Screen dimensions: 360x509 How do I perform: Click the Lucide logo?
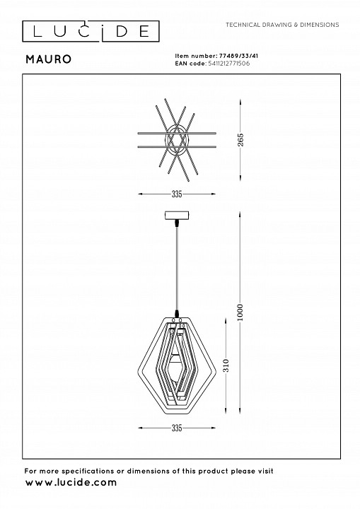(91, 32)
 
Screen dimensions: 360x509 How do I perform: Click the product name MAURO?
(49, 59)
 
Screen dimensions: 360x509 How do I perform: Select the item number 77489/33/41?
(239, 56)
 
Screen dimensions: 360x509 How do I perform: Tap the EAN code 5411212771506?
(228, 64)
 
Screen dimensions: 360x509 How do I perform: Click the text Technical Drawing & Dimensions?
(282, 25)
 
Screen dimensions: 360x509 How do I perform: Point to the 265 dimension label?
(240, 140)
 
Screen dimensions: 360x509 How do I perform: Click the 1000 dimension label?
(240, 312)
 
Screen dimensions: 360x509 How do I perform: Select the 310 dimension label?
(226, 365)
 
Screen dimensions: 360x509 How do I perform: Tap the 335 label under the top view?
(177, 194)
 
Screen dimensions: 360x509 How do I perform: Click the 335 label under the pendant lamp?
(177, 428)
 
